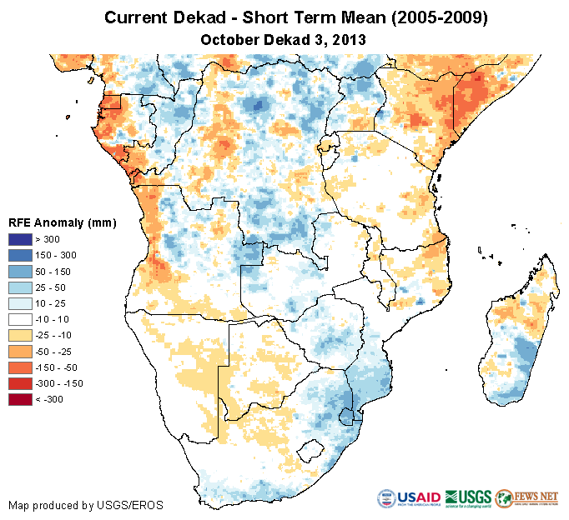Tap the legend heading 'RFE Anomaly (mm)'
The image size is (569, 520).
pyautogui.click(x=62, y=222)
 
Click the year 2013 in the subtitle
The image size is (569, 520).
pyautogui.click(x=350, y=39)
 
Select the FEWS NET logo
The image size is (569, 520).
pyautogui.click(x=526, y=498)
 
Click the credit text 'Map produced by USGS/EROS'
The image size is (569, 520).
pyautogui.click(x=85, y=505)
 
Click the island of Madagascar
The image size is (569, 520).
pyautogui.click(x=517, y=342)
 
